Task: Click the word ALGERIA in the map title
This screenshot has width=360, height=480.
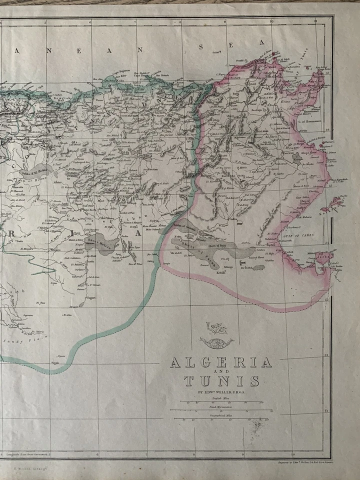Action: [220, 362]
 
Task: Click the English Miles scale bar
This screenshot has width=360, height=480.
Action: [220, 402]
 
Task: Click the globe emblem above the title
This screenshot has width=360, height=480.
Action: [215, 332]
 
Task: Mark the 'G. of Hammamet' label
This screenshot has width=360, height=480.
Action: [303, 116]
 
